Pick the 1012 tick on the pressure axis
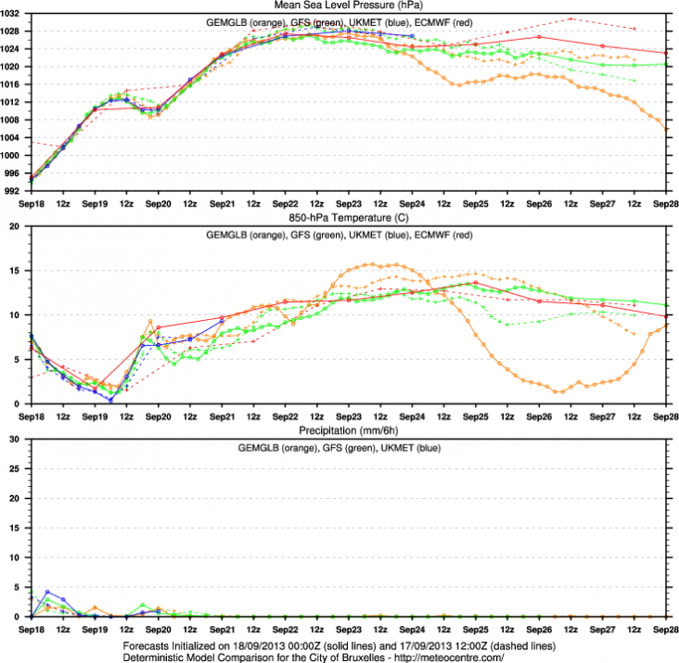(x=14, y=103)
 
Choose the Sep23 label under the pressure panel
(x=348, y=202)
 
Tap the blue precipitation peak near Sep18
(x=47, y=592)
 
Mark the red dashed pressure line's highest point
(x=570, y=19)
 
